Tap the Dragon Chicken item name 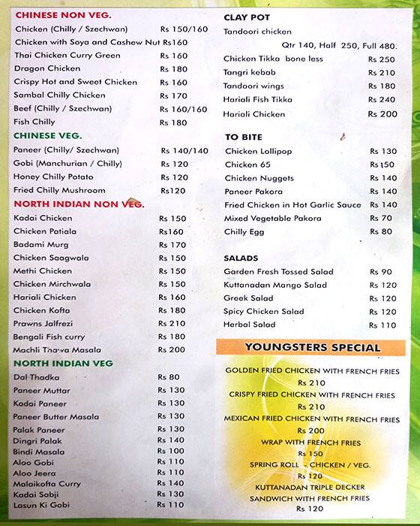tap(47, 68)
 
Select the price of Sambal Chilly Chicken tap(173, 95)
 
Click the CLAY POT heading tap(247, 17)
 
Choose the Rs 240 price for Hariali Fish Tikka tap(382, 100)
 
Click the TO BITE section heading tap(242, 137)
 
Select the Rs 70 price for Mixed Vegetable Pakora tap(382, 219)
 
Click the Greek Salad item tap(246, 298)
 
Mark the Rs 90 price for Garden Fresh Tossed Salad tap(382, 272)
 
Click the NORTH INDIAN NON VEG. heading tap(79, 204)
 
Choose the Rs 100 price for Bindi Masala tap(170, 451)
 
